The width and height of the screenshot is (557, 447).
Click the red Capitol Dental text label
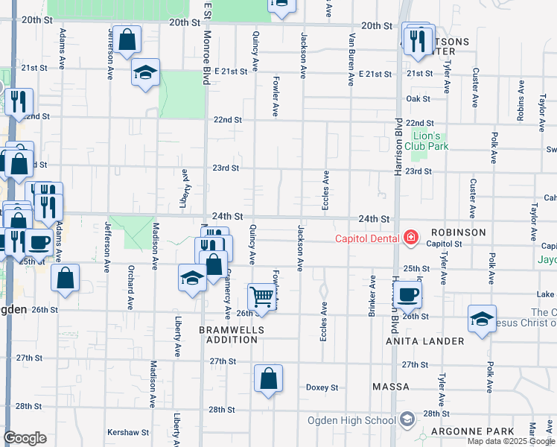367,238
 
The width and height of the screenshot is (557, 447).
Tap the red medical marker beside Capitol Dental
410,238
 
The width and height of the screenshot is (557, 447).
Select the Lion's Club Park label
430,141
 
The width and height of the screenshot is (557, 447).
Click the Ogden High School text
351,420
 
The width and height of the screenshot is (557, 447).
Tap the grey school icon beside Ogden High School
407,420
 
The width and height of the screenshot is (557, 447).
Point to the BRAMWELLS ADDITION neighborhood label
228,334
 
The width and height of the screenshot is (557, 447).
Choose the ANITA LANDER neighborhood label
424,341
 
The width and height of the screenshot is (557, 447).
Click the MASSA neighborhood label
391,387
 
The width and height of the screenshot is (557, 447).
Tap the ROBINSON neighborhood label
456,232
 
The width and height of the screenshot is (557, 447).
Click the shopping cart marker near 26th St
262,297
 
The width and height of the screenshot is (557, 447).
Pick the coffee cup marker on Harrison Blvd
407,294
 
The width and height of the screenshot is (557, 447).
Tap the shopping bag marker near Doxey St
268,378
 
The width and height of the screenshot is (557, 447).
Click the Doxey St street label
322,387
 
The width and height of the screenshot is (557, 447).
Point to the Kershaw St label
128,432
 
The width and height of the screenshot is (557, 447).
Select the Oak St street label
418,98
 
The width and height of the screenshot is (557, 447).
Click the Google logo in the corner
25,438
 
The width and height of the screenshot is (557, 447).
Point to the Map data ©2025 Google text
510,441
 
